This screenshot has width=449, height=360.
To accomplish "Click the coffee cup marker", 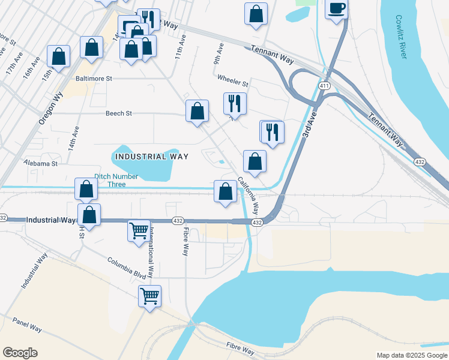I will click(337, 9).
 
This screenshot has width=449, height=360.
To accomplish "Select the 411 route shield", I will click(324, 86).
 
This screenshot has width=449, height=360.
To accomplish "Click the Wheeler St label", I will click(233, 82).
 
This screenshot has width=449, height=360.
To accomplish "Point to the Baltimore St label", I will click(94, 79).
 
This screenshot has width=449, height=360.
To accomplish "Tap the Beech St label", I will click(118, 113).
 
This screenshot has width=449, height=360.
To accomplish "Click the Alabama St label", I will click(40, 163).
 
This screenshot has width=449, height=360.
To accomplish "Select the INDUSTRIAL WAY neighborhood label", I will click(151, 157).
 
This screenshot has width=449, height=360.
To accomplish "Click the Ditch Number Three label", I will click(116, 180).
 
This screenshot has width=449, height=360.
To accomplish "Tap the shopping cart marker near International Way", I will click(139, 230).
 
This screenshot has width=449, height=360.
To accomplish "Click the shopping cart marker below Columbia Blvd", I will click(149, 295).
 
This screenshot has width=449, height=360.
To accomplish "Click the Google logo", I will click(20, 353).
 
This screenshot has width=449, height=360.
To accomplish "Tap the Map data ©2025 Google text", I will click(412, 355).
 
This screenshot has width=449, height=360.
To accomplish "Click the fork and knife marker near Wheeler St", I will click(235, 103).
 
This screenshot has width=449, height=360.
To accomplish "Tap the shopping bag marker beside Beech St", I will click(197, 111).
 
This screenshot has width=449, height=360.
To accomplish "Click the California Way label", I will click(248, 196).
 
